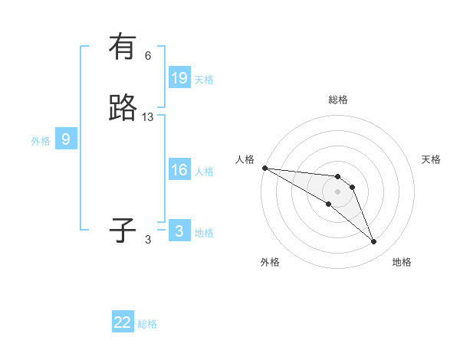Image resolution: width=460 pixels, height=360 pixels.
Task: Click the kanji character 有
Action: [x=123, y=47]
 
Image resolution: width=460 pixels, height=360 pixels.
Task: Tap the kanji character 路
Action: [x=123, y=108]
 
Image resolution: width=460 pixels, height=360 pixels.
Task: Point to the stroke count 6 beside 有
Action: [x=148, y=55]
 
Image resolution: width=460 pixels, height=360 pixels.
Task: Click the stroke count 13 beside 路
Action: [x=148, y=116]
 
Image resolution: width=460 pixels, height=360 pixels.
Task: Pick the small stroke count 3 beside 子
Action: [x=148, y=239]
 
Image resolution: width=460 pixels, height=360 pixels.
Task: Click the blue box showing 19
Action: [x=179, y=78]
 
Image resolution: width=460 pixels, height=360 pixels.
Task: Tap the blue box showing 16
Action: [x=179, y=170]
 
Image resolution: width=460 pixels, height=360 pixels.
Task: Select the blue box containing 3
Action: [x=179, y=231]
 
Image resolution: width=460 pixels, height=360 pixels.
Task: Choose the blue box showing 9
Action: [x=66, y=139]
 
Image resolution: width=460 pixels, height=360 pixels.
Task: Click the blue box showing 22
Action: [x=123, y=322]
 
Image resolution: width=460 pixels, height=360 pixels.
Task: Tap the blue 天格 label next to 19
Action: [x=204, y=80]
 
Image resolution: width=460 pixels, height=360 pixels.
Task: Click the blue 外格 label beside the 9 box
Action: [x=41, y=141]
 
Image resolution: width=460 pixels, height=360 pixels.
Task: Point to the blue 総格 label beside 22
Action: [x=147, y=324]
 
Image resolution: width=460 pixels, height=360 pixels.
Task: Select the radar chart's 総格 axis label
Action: [x=337, y=100]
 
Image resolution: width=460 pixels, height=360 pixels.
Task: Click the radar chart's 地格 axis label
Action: [x=402, y=262]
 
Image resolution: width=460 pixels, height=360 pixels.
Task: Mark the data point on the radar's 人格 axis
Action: [x=264, y=168]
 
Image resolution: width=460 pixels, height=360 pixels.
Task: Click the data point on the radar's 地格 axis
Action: [x=373, y=242]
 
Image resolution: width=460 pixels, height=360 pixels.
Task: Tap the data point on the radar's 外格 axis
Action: [x=328, y=204]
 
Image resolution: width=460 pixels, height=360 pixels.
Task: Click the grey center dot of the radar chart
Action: [x=337, y=191]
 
